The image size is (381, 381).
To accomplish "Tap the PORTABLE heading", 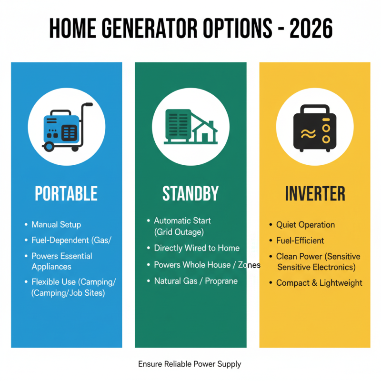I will (66, 194).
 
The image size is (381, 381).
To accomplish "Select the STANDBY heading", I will (190, 194).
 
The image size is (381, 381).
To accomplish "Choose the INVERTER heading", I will (315, 194).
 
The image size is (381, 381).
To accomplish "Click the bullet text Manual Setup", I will (56, 224).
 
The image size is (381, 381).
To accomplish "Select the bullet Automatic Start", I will (182, 221).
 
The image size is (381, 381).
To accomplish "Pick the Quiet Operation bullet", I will (305, 225).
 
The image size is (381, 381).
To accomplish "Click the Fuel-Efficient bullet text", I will (300, 241).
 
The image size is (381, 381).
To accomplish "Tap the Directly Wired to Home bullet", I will (196, 248).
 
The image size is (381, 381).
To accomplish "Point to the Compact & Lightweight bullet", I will (319, 283).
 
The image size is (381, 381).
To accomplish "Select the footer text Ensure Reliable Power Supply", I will (190, 364).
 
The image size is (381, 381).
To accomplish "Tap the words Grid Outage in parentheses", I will (179, 232).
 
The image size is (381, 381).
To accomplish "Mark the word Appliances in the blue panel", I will (51, 267).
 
